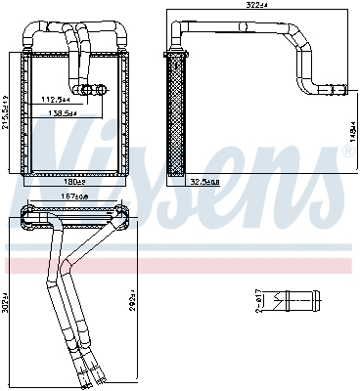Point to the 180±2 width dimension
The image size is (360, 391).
pos(75,181)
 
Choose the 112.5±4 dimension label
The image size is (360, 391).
pos(54,98)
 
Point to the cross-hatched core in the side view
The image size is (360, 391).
pos(178,117)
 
